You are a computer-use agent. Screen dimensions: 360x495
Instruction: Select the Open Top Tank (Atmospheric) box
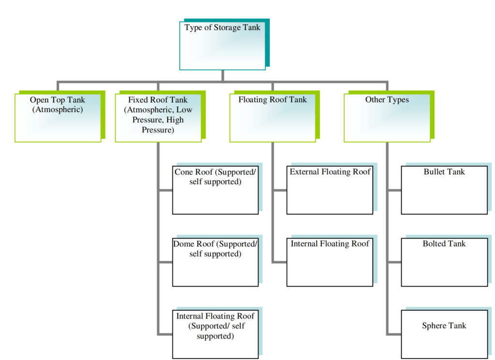(58, 118)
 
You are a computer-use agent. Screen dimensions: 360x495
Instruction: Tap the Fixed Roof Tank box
(158, 118)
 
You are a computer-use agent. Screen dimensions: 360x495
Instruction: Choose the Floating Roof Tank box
(273, 118)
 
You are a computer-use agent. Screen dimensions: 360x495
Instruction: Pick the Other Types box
(387, 118)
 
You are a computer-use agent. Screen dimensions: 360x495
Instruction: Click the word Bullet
(434, 172)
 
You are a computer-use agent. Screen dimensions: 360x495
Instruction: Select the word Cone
(184, 172)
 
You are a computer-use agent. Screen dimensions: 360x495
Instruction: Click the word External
(305, 172)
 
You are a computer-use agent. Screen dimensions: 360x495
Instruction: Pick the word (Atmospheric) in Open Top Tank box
(58, 110)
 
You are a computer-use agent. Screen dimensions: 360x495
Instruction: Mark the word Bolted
(434, 244)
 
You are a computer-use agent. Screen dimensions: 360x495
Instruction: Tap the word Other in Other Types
(375, 100)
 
